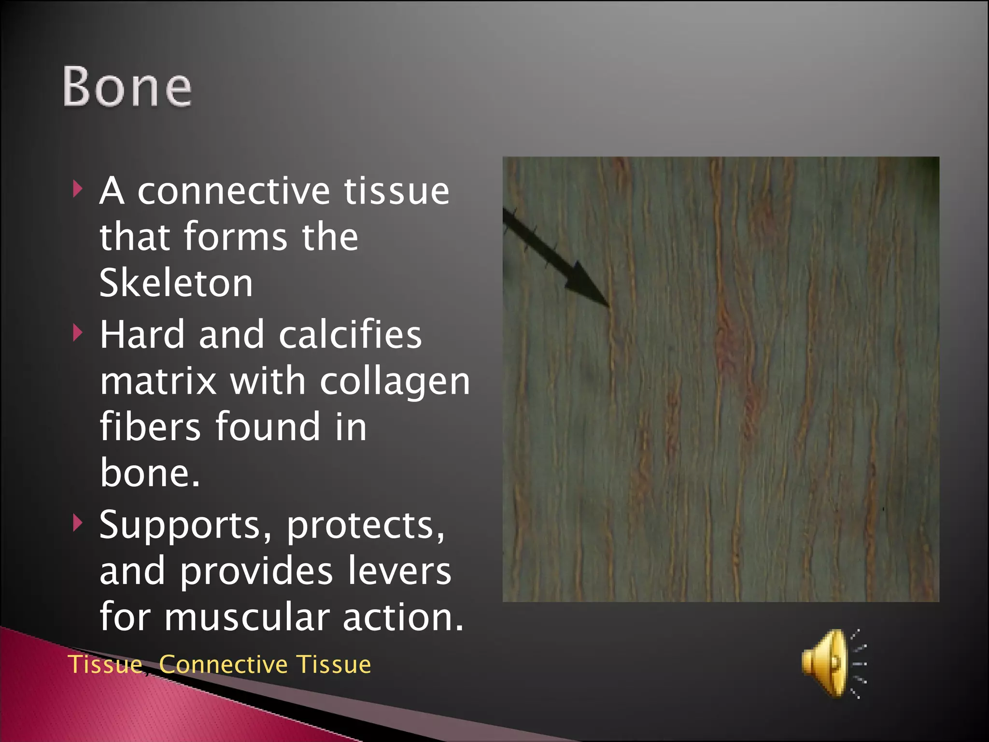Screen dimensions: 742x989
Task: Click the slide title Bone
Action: point(127,86)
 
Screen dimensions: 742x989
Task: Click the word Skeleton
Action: point(176,283)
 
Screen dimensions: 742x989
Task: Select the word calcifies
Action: point(350,335)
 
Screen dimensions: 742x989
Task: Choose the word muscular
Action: point(247,617)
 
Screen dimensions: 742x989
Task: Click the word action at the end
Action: point(403,617)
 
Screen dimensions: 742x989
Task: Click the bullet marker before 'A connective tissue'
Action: point(77,189)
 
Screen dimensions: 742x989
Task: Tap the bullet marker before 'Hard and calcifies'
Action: point(77,333)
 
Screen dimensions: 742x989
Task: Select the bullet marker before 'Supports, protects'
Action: point(77,523)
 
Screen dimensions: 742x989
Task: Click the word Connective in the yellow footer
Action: point(223,664)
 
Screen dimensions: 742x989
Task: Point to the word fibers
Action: point(150,427)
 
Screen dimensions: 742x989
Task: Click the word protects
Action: point(366,525)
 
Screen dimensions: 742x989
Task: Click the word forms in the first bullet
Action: point(235,237)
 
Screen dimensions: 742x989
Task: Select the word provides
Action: point(256,571)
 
